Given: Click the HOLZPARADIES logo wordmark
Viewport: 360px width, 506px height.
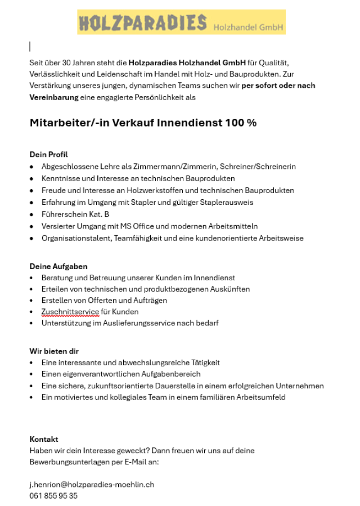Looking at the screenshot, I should pyautogui.click(x=143, y=23).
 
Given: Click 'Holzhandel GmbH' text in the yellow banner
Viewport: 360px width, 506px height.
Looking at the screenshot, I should pyautogui.click(x=247, y=26).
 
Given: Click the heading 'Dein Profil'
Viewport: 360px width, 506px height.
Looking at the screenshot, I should pyautogui.click(x=48, y=154).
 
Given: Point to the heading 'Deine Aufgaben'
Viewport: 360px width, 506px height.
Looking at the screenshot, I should pyautogui.click(x=58, y=266).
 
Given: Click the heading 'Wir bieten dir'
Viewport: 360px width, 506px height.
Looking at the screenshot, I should pyautogui.click(x=54, y=351).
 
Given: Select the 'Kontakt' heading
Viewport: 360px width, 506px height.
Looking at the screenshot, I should pyautogui.click(x=44, y=439).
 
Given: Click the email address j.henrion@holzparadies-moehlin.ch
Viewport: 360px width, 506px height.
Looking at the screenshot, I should pyautogui.click(x=92, y=484).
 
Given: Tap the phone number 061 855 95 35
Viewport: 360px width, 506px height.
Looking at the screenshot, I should pyautogui.click(x=53, y=496).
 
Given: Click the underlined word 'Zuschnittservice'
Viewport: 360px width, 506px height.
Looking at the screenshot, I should pyautogui.click(x=70, y=312).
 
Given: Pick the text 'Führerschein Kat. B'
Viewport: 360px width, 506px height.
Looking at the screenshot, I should pyautogui.click(x=75, y=214).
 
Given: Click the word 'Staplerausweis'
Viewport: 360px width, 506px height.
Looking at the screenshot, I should pyautogui.click(x=228, y=203).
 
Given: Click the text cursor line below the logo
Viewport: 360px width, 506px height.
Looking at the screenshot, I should pyautogui.click(x=30, y=46).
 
